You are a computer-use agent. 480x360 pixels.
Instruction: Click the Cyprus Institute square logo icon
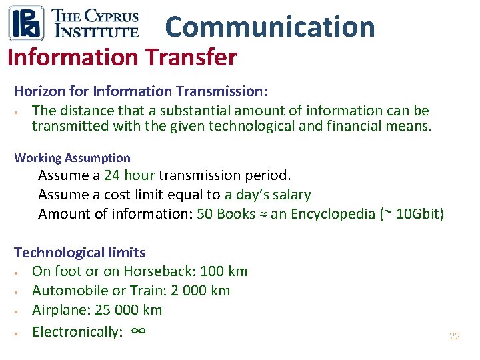26,23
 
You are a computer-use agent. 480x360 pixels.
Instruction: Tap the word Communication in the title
270,27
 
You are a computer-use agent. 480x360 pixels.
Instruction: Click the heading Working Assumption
72,158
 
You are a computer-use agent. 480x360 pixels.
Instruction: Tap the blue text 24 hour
129,175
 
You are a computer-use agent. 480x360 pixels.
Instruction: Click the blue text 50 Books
226,214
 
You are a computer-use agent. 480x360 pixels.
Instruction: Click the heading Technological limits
79,253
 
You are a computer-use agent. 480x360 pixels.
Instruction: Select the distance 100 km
223,271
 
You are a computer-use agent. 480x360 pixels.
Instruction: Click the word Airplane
57,310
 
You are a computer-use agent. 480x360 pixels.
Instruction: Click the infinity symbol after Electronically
139,331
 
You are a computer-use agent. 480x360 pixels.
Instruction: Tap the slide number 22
454,337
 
